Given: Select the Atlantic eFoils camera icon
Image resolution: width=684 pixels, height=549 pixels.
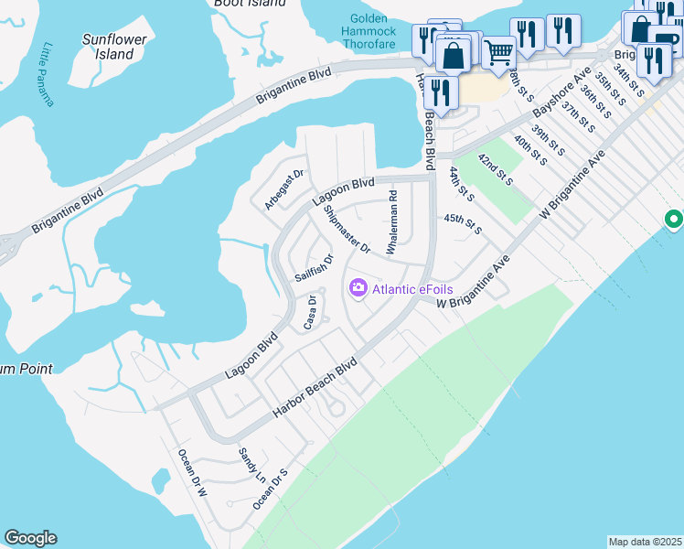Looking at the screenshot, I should pos(358,289).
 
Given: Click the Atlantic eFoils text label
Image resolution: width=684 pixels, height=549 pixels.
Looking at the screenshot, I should pos(412,289).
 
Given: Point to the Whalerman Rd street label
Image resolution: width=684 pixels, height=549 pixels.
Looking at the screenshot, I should pos(392,222).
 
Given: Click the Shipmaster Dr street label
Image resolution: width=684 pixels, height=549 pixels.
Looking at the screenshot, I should pos(347,229).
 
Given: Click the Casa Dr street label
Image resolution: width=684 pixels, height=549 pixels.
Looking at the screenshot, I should pos(312,313).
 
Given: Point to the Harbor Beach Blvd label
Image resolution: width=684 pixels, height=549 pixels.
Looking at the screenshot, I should pos(315,391).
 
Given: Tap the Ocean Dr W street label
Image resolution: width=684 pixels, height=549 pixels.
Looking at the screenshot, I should pos(192,473).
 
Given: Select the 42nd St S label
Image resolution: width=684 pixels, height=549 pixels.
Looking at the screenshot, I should pos(495,169).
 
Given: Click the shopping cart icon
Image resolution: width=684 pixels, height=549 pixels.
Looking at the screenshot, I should pos(497,52).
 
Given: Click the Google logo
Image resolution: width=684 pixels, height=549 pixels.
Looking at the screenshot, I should pos(30,538).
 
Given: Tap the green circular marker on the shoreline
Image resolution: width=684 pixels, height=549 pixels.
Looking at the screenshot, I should pos(673,220).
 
